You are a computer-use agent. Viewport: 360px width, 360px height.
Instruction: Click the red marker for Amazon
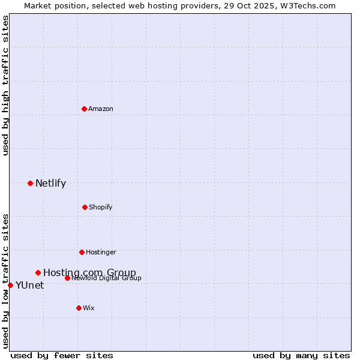(84, 109)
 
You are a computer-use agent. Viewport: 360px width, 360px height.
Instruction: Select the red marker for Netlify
(30, 183)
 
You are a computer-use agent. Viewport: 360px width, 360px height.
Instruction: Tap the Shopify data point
(85, 207)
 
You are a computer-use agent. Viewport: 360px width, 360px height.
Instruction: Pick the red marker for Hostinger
(82, 252)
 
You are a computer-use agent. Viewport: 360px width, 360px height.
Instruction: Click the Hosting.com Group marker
(38, 272)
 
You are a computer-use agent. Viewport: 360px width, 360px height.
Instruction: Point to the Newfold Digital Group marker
(67, 278)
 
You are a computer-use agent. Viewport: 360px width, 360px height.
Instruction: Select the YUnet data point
(10, 285)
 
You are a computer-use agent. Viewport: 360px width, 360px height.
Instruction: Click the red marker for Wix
(79, 308)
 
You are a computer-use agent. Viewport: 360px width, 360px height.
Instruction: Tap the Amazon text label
(101, 109)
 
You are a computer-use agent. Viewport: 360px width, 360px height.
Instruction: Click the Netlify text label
(50, 184)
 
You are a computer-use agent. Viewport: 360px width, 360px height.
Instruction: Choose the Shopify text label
(101, 207)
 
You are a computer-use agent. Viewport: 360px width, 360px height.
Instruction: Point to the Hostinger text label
(101, 252)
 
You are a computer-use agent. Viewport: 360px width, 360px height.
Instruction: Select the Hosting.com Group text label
(89, 273)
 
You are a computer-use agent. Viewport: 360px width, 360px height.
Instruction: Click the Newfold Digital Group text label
(107, 278)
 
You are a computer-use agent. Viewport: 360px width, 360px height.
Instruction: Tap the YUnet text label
(29, 286)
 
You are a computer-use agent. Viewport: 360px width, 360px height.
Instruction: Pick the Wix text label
(89, 308)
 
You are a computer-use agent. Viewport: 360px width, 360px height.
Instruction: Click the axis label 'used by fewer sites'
(62, 355)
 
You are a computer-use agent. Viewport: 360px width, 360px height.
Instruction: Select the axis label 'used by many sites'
(301, 355)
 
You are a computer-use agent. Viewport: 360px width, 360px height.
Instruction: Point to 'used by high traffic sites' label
(6, 86)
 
